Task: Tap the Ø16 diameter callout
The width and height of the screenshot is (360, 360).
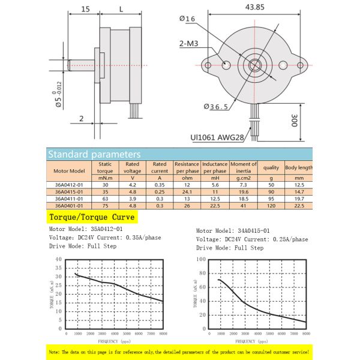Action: point(188,19)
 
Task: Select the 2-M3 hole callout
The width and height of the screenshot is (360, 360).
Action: point(191,44)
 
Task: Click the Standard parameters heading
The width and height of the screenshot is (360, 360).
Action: point(94,154)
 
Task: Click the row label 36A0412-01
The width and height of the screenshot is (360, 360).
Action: point(68,184)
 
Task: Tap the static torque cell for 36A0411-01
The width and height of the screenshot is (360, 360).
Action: point(106,199)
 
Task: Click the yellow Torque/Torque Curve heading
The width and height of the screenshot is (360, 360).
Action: point(92,217)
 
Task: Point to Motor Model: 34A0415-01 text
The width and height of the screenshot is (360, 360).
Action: point(233,230)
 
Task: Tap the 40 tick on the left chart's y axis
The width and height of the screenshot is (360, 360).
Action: point(58,260)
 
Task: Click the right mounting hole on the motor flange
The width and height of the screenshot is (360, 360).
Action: point(284,64)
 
